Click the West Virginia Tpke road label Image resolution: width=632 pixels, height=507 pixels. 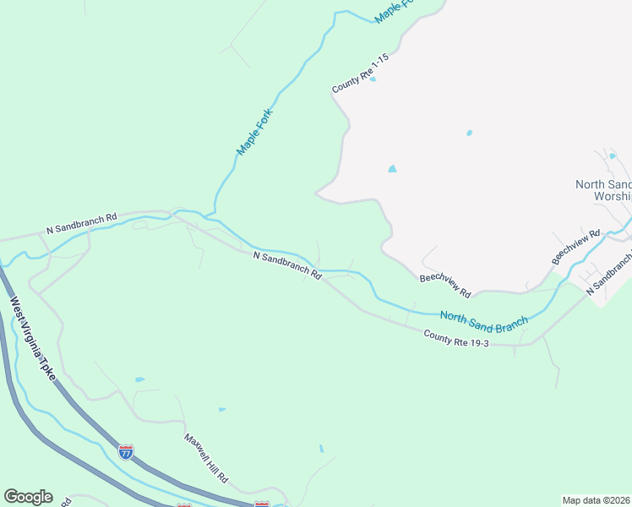[x=32, y=338]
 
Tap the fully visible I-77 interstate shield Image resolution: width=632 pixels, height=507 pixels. [x=126, y=451]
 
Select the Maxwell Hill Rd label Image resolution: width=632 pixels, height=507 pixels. [x=206, y=458]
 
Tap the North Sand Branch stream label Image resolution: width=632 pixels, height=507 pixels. [x=483, y=319]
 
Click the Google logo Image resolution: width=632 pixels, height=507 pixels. [x=28, y=497]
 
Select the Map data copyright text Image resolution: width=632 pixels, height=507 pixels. [x=596, y=499]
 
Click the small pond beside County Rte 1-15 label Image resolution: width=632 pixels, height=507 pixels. [x=373, y=79]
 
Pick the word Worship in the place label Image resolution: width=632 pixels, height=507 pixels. [x=613, y=196]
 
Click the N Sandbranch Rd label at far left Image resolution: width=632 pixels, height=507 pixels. [x=81, y=224]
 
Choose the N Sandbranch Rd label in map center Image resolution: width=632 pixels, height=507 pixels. [x=287, y=264]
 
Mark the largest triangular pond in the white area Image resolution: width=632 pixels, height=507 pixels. [x=392, y=169]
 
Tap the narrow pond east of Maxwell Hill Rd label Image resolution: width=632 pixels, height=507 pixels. [x=321, y=449]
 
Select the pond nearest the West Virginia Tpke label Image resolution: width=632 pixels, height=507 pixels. [x=139, y=380]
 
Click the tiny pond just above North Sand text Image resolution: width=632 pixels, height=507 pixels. [x=611, y=155]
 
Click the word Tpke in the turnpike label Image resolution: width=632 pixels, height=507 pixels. [x=46, y=368]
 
